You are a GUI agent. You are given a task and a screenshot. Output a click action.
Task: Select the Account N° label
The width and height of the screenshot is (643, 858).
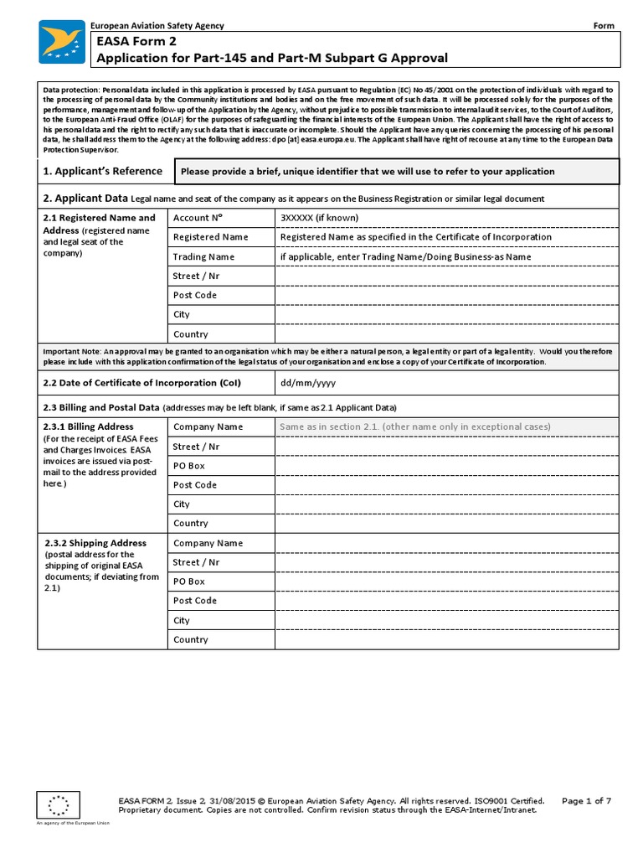tap(192, 218)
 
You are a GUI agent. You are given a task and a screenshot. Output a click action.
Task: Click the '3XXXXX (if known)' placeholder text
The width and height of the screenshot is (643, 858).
tap(319, 218)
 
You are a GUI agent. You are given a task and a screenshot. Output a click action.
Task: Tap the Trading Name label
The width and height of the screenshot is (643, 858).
tap(203, 256)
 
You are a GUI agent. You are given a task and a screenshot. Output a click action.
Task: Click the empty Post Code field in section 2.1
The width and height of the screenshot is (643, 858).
tap(447, 295)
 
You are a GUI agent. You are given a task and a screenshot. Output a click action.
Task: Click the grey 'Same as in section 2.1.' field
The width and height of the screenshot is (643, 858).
tap(447, 426)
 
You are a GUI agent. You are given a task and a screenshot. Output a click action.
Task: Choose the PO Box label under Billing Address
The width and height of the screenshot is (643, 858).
tap(189, 465)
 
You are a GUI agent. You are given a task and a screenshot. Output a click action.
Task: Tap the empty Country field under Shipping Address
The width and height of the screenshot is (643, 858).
tap(447, 639)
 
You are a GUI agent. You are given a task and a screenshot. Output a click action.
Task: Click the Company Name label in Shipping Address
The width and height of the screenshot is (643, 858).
tap(208, 543)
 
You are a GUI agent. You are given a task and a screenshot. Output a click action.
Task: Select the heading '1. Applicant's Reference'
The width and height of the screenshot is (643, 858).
tap(102, 171)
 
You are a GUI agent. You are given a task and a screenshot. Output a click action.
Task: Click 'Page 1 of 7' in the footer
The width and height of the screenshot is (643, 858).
tap(586, 801)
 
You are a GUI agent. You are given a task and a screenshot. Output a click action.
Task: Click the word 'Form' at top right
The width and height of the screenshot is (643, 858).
tap(604, 26)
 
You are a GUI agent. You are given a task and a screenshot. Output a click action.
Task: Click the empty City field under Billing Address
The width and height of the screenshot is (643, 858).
tap(447, 504)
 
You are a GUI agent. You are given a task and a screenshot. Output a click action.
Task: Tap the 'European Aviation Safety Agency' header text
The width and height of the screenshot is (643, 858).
tap(157, 26)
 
